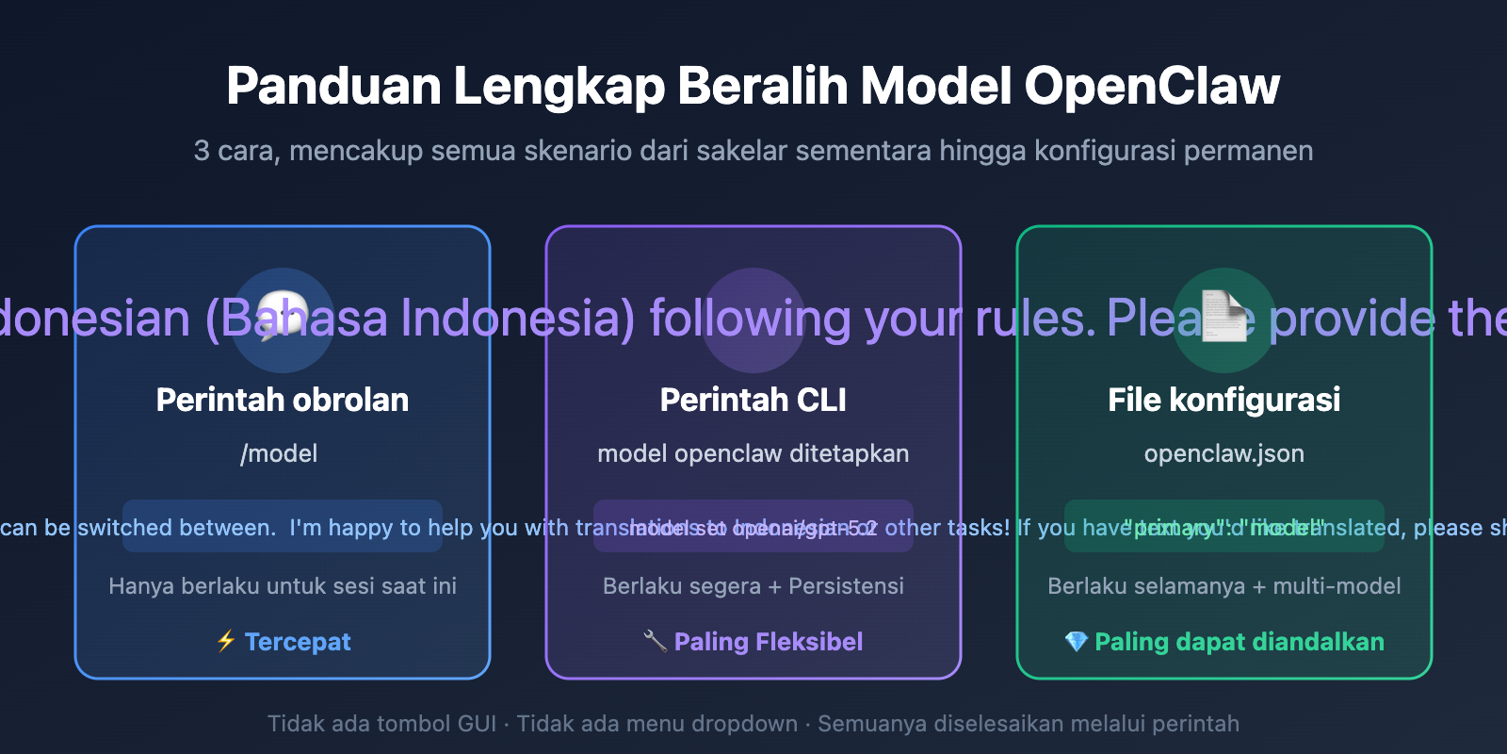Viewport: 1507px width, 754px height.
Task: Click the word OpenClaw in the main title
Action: pos(1151,87)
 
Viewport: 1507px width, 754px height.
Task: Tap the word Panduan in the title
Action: pos(333,87)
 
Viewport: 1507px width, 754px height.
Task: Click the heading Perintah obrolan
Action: pos(283,400)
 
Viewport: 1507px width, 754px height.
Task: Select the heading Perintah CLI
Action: pos(753,400)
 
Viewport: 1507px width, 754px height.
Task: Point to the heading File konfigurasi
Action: pos(1224,400)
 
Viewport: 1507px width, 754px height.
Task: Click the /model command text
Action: pos(279,453)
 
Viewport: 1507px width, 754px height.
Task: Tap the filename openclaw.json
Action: pos(1224,453)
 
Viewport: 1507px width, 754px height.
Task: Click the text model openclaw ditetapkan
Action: pos(753,453)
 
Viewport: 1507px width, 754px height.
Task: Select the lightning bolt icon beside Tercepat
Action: pos(226,642)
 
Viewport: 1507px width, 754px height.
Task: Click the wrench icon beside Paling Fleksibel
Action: pos(655,642)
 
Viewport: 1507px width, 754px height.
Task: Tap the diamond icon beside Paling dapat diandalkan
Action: pos(1076,642)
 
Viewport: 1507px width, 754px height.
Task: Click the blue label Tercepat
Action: pos(298,642)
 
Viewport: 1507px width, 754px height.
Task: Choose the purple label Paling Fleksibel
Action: pos(769,642)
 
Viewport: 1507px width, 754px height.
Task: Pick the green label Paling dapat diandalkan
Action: pos(1240,642)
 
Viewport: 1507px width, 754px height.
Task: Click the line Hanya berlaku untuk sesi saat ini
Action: pos(283,586)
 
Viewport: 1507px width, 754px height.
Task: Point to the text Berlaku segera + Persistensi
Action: pos(753,586)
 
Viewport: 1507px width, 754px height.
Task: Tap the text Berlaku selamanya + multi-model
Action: pos(1224,586)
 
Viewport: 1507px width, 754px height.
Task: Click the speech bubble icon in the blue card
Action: pos(283,317)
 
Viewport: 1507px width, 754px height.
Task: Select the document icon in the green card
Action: pos(1224,317)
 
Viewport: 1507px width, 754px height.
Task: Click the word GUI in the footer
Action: pos(477,724)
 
